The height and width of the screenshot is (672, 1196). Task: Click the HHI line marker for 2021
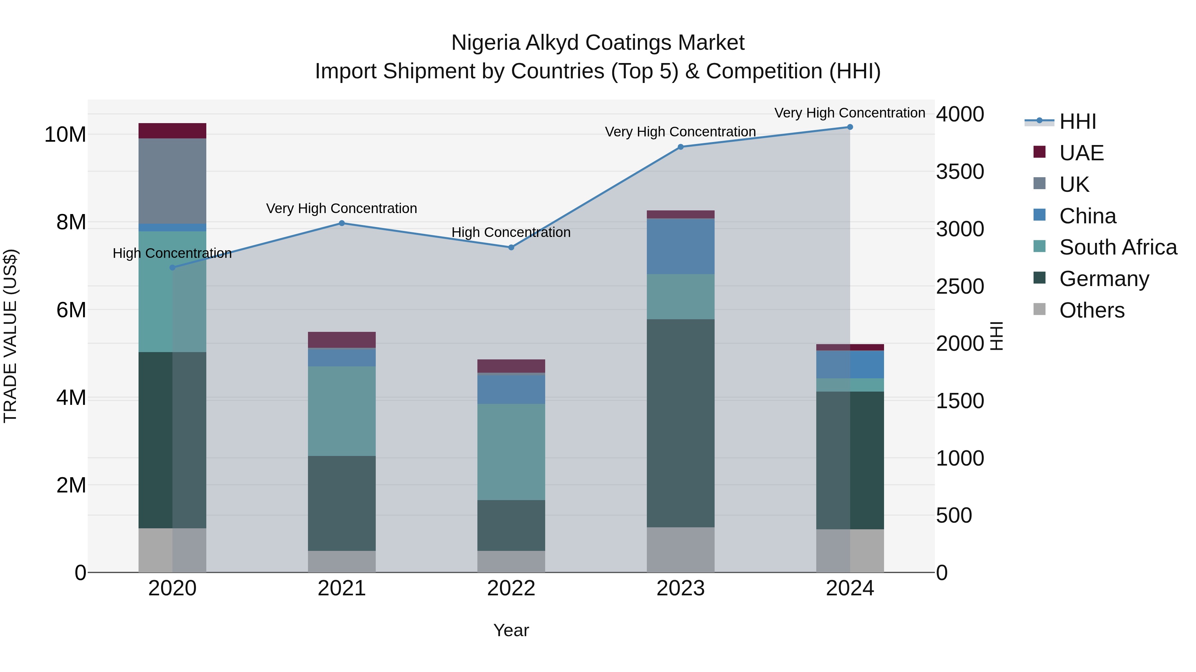(x=342, y=223)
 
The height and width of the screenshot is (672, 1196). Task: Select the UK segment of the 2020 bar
(x=172, y=181)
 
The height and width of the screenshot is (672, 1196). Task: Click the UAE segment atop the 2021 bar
(x=342, y=340)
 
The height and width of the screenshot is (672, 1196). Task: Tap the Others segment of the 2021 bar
(x=342, y=561)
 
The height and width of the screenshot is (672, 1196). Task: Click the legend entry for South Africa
(x=1118, y=247)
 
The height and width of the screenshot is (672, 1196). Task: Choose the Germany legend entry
(x=1104, y=279)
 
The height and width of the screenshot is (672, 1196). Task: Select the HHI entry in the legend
(x=1077, y=121)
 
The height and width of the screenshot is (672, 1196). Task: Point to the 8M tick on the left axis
(x=71, y=223)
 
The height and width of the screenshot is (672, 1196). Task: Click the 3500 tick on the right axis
(x=959, y=172)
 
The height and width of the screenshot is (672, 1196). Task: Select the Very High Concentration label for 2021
(x=342, y=209)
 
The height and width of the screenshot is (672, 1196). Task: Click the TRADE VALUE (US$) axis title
(x=10, y=336)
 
